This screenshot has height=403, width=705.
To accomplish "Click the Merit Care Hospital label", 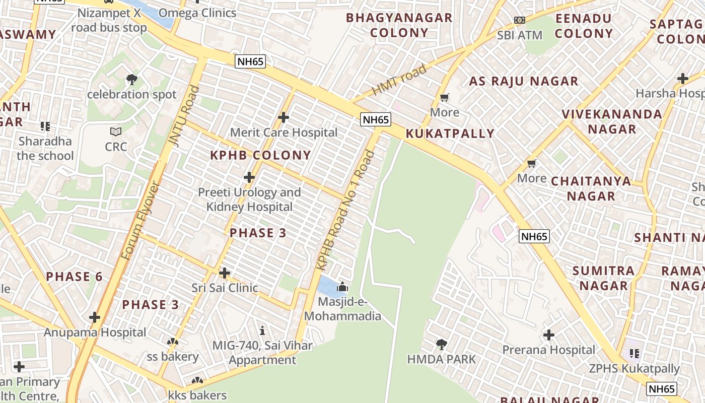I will [284, 132].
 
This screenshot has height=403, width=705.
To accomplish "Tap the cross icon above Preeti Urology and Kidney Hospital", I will [249, 177].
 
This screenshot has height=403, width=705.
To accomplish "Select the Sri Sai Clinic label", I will [225, 288].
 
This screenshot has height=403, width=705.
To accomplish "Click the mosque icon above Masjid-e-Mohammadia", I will [342, 287].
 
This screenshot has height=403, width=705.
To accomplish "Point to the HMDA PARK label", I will [441, 359].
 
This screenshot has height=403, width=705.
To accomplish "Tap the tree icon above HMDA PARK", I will [442, 345].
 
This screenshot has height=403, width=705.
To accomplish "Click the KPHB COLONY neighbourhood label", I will [260, 155].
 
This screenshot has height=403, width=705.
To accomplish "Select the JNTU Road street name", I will [186, 116].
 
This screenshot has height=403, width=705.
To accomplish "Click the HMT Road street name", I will [399, 80].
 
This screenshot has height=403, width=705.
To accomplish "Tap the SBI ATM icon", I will [519, 20].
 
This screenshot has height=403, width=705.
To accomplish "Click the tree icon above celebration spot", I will [132, 79].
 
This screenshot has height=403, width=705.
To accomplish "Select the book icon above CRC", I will [116, 131].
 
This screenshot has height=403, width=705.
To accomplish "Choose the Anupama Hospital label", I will [95, 332].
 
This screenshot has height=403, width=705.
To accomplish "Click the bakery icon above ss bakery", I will [173, 342].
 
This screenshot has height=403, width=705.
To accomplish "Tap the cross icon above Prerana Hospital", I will [548, 335].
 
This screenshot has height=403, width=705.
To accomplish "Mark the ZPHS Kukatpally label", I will [634, 369].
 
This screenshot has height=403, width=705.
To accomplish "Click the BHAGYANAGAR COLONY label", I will [399, 25].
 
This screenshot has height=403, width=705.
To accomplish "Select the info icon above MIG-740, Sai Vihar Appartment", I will [262, 331].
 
